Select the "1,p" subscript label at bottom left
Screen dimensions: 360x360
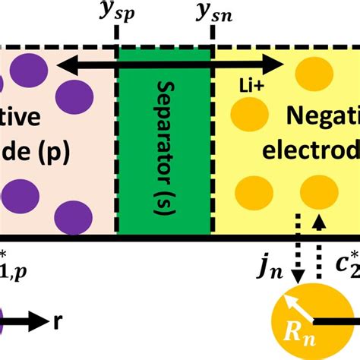14,266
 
